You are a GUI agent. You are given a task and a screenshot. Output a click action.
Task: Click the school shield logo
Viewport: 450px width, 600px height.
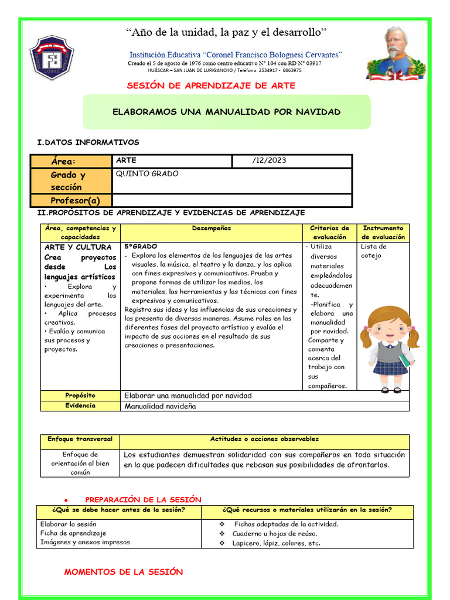pos(52,57)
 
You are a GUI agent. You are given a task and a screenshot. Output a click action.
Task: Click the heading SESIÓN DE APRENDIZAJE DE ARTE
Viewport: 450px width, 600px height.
pos(211,86)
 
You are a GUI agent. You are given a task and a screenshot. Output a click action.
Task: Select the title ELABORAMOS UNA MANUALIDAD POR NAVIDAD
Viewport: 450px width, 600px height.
pos(226,112)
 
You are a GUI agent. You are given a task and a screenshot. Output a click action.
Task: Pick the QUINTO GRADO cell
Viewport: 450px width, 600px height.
pos(147,174)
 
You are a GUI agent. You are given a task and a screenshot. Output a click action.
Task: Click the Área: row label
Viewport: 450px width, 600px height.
pos(63,162)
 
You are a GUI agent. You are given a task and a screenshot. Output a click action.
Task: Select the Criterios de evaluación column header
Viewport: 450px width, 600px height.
pos(329,233)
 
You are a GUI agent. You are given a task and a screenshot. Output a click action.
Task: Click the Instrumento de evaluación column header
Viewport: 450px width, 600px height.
pos(383,233)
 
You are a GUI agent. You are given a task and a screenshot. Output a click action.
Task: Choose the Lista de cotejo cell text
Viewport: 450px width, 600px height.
pos(374,251)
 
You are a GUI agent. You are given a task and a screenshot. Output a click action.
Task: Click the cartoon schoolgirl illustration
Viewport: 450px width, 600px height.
pos(390,346)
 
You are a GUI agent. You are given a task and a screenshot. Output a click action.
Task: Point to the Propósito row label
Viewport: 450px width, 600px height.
pos(80,396)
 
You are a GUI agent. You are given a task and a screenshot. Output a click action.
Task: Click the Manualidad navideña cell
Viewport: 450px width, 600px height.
pos(160,406)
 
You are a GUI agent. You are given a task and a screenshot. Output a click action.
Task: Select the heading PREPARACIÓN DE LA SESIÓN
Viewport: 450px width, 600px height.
pos(144,499)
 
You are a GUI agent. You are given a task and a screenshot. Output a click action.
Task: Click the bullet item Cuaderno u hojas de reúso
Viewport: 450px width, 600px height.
pos(274,534)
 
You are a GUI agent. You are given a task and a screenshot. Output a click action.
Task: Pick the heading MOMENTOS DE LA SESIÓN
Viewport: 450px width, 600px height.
pos(124,572)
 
